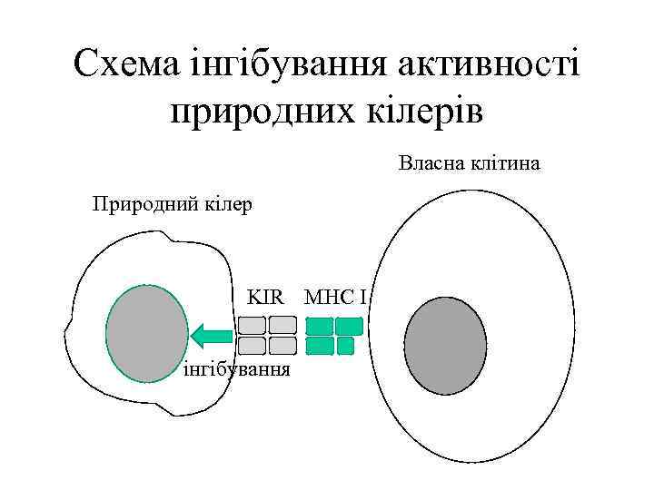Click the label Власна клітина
coord(470,164)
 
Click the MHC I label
coord(335,296)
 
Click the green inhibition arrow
coord(211,335)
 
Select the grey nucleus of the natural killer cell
coord(147,333)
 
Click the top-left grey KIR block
coord(252,325)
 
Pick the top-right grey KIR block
coord(282,325)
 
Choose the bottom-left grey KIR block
coord(252,345)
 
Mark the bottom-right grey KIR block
coord(282,345)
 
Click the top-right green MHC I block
coord(349,326)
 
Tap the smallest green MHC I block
coord(345,345)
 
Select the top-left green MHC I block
coord(319,326)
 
